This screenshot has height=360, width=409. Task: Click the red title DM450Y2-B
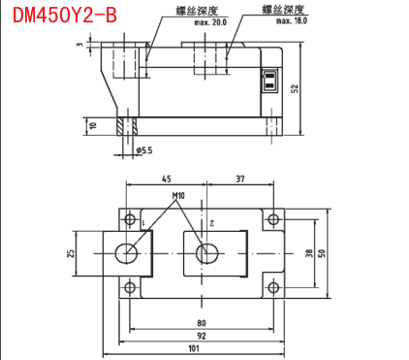[65, 16]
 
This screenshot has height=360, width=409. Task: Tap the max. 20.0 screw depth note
[210, 22]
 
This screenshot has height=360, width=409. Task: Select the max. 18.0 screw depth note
[292, 21]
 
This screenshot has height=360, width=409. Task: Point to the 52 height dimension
[295, 88]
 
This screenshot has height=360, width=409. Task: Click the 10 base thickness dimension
[94, 125]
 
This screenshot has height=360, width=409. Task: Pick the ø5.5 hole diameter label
[144, 150]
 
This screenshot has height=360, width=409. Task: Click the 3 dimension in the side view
[79, 45]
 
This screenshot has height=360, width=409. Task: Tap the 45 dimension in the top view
[167, 179]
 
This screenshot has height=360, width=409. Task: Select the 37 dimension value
[240, 179]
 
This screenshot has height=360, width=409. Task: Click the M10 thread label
[178, 196]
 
